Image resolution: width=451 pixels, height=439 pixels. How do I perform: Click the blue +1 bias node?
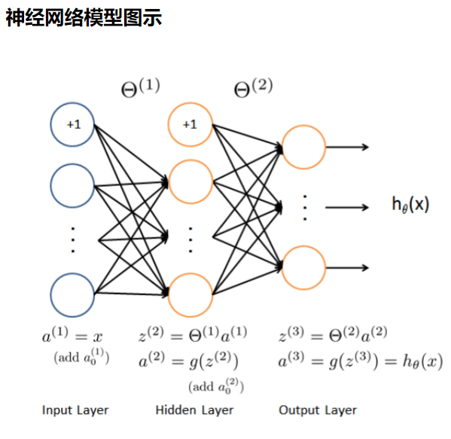pos(73,125)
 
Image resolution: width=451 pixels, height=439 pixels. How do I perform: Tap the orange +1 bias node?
pos(190,125)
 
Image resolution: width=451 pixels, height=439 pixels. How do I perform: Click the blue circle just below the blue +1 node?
pos(73,181)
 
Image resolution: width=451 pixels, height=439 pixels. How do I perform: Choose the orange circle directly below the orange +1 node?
pos(190,181)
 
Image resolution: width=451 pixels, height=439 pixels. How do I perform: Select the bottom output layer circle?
pos(303,267)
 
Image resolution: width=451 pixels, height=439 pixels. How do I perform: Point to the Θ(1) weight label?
pos(141,87)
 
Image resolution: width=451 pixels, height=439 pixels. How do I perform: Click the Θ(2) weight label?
pos(253,87)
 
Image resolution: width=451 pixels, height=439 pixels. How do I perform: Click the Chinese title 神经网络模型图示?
pos(84,18)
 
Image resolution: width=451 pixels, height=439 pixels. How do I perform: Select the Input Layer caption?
pos(75,410)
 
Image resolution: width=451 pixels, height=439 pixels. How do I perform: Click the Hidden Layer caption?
pos(194,410)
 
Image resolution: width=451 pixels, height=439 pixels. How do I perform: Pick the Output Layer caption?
pos(318,410)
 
